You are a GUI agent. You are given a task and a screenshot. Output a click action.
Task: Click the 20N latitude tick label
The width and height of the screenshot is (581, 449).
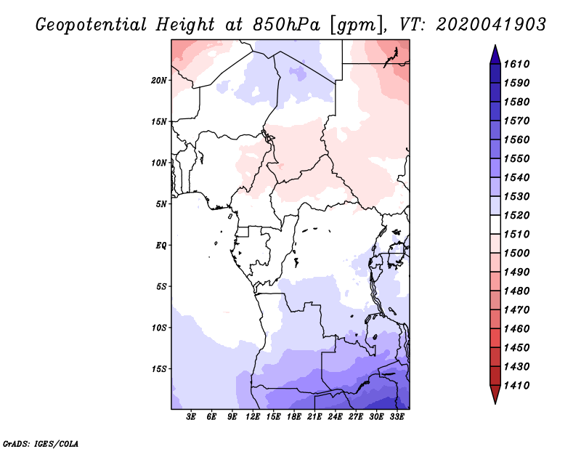[x=160, y=80]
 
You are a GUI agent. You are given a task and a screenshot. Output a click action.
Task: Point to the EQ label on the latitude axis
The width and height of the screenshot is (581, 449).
[x=161, y=245]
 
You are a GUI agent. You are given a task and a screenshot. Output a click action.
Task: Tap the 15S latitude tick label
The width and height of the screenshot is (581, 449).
[x=160, y=368]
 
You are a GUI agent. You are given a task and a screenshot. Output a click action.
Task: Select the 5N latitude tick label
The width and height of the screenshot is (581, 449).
[x=161, y=203]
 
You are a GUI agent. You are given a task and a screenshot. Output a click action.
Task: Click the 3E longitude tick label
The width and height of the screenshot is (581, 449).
[x=192, y=417]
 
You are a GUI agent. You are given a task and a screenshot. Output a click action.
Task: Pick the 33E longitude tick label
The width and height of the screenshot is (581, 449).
[x=397, y=417]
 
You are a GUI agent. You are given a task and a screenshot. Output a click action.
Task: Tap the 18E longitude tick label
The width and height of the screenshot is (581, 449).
[x=294, y=417]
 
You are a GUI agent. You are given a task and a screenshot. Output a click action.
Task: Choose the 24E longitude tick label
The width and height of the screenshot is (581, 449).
[x=336, y=417]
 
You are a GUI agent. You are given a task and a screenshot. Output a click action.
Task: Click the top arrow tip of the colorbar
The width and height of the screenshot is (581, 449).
[x=495, y=47]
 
